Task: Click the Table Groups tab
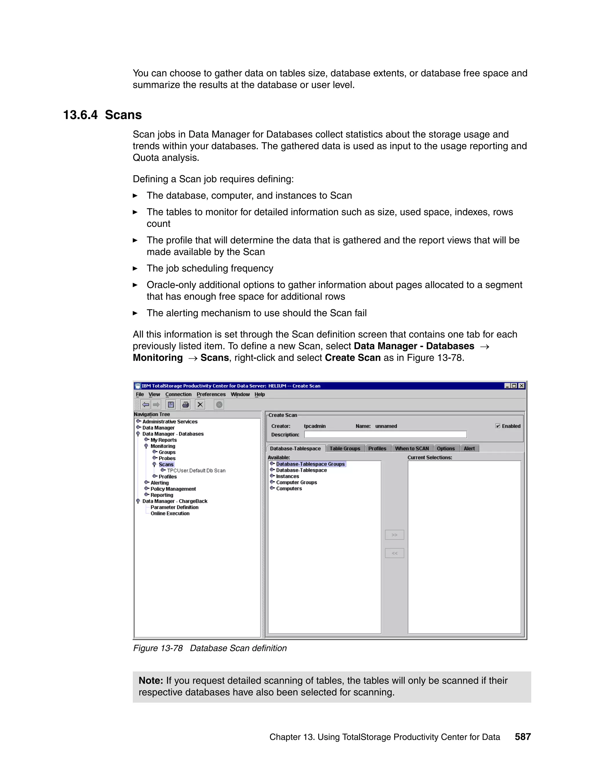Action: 345,449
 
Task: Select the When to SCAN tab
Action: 412,449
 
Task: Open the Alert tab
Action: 469,449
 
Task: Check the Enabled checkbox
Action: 498,426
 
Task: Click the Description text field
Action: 385,434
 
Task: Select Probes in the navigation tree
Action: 167,458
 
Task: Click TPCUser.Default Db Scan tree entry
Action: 196,471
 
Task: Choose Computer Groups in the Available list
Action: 296,482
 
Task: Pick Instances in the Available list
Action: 287,476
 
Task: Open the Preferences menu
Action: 211,394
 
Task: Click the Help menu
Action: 260,394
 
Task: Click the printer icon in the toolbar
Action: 185,405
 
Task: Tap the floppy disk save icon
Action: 171,405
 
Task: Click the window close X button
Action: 521,386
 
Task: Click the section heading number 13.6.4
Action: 80,115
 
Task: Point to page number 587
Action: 523,736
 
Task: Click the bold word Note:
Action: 151,680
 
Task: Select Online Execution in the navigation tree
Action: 170,514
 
